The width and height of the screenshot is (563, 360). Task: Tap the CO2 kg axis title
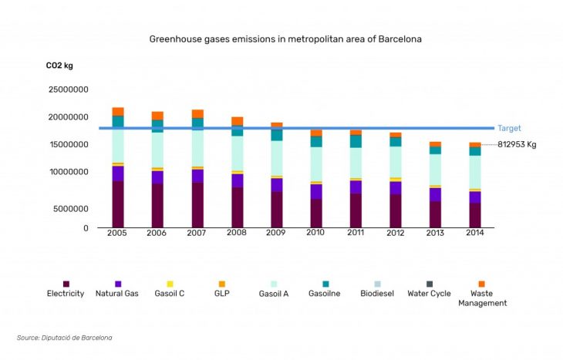59,66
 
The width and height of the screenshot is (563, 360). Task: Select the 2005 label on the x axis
117,233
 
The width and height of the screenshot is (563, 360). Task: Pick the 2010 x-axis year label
315,233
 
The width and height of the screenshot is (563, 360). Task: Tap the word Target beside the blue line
509,129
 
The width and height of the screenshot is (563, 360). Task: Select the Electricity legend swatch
66,284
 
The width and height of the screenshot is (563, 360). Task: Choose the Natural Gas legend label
116,294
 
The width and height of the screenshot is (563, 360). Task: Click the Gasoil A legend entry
275,294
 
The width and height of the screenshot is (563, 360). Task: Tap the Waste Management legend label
482,298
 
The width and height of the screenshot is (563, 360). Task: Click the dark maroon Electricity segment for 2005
118,204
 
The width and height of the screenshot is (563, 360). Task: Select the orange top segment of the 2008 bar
237,121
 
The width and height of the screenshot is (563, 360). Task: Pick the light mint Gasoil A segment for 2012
395,162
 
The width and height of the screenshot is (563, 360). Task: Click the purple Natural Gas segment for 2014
475,197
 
